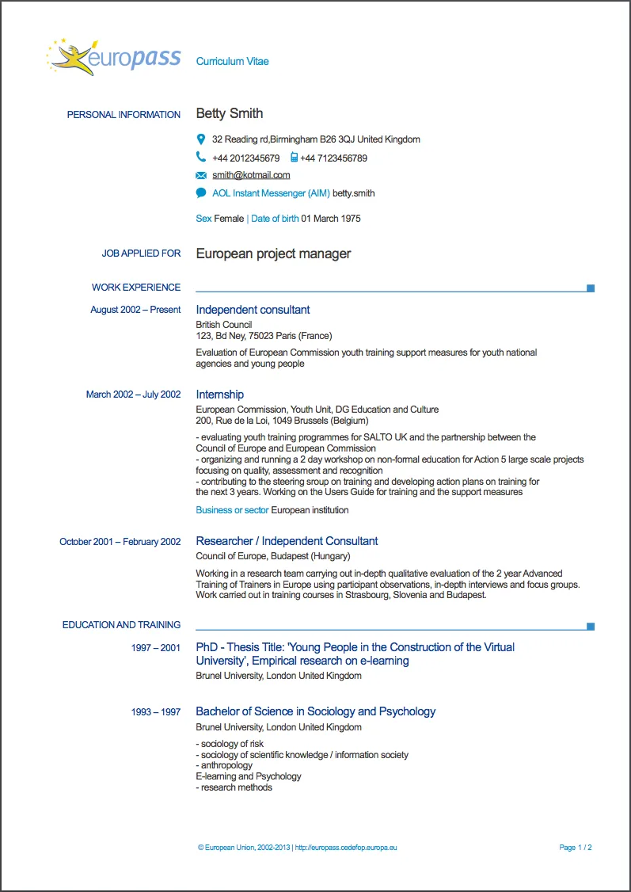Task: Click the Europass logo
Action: pyautogui.click(x=114, y=57)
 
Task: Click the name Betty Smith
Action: pyautogui.click(x=230, y=114)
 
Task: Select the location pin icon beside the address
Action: pyautogui.click(x=201, y=139)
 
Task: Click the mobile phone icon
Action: pyautogui.click(x=294, y=158)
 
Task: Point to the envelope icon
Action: pyautogui.click(x=201, y=175)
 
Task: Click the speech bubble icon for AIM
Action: pyautogui.click(x=201, y=193)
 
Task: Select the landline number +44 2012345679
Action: pyautogui.click(x=245, y=158)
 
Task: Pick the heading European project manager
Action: pyautogui.click(x=273, y=254)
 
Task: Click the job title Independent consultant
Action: pyautogui.click(x=253, y=310)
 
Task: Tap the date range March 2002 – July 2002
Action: pyautogui.click(x=133, y=395)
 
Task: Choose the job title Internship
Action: pyautogui.click(x=220, y=395)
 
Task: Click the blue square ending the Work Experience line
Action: pyautogui.click(x=591, y=288)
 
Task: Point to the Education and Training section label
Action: pyautogui.click(x=121, y=625)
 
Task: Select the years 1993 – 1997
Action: pyautogui.click(x=156, y=712)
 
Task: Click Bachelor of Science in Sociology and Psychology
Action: pyautogui.click(x=315, y=711)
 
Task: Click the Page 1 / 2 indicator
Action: pyautogui.click(x=576, y=848)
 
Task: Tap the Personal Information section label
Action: pyautogui.click(x=124, y=115)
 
